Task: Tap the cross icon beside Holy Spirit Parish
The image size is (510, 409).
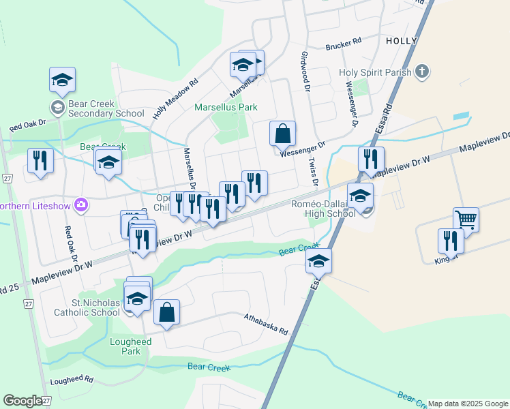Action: (422, 71)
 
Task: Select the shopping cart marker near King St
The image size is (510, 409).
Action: (466, 220)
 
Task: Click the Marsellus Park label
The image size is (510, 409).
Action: (226, 107)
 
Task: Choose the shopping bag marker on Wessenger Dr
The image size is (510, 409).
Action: (282, 134)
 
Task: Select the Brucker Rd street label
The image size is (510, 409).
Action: (343, 44)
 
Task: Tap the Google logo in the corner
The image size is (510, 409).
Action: (23, 401)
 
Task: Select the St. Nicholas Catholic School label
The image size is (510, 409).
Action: (87, 307)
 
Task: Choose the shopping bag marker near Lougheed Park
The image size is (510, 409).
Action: (166, 313)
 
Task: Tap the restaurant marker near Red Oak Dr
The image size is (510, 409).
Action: (40, 161)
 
